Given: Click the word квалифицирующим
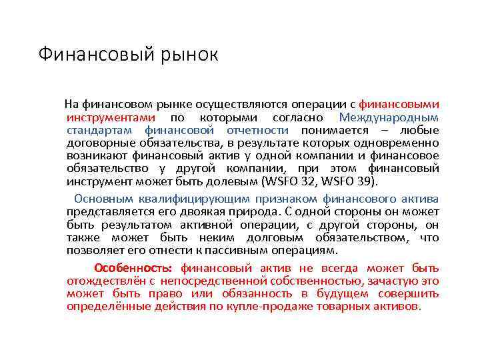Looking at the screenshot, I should [193, 199].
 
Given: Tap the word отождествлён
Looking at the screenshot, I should [111, 281].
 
